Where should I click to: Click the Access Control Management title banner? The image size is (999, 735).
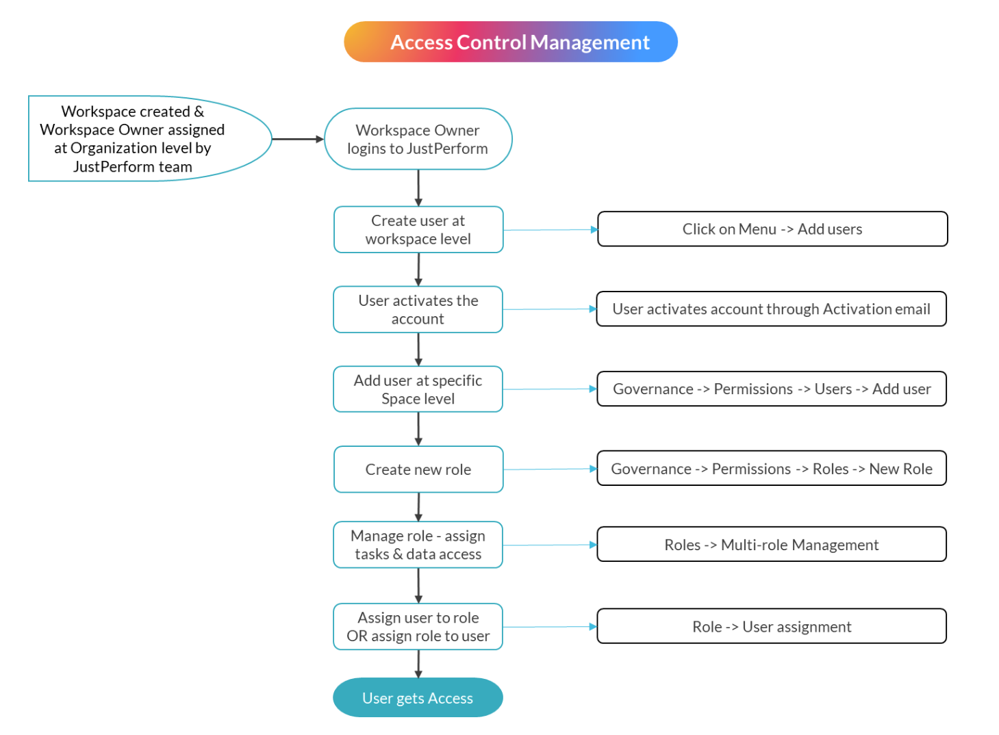point(510,42)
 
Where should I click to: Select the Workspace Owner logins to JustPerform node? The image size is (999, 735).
point(418,139)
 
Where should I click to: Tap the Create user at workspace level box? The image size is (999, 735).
point(418,230)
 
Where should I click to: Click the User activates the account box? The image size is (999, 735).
point(418,309)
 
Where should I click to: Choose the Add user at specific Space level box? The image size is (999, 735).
point(418,389)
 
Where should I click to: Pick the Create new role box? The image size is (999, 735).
point(418,469)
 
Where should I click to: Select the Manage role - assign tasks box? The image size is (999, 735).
point(418,545)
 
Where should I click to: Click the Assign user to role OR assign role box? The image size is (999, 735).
point(418,627)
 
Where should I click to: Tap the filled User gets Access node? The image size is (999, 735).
point(418,698)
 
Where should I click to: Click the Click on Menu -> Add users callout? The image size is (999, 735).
point(772,229)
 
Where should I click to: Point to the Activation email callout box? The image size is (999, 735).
point(771,309)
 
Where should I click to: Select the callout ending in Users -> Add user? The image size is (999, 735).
point(771,389)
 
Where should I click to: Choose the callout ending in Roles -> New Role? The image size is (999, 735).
point(771,469)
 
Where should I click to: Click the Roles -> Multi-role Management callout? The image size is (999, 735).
point(771,545)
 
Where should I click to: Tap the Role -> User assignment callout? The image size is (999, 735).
point(771,627)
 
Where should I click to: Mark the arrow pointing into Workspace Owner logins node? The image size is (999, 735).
point(298,139)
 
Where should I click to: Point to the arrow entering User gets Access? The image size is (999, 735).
point(418,664)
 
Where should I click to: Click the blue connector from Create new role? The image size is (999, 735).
point(550,469)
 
